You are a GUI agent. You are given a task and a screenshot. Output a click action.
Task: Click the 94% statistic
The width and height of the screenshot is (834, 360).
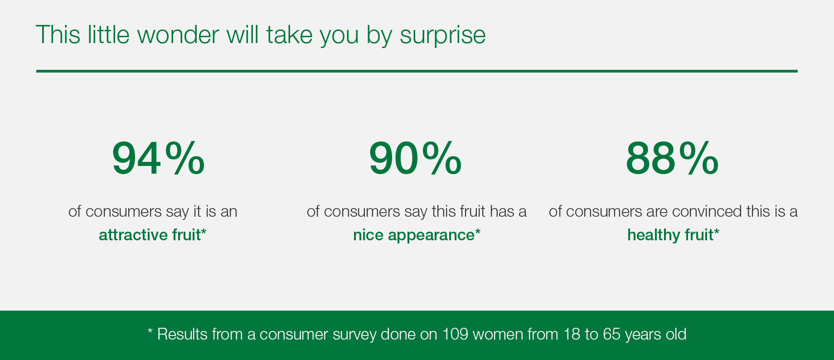click(x=158, y=158)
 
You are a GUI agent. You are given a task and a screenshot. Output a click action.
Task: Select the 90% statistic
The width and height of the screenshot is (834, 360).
click(x=415, y=158)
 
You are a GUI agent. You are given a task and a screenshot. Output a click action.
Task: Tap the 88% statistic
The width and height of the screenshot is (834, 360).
click(x=672, y=158)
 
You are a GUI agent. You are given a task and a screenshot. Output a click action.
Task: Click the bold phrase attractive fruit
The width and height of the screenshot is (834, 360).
click(x=150, y=235)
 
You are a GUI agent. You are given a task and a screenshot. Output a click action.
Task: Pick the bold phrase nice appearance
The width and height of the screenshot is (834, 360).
click(x=414, y=235)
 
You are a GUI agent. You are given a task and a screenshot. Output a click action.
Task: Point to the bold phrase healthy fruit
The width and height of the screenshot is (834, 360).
click(x=670, y=235)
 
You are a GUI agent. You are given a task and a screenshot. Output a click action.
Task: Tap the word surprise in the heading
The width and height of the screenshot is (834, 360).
click(x=442, y=35)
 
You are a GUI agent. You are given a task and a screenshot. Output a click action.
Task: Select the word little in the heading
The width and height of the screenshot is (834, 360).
click(x=109, y=34)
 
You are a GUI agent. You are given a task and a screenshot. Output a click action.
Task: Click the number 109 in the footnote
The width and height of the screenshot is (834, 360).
click(x=455, y=334)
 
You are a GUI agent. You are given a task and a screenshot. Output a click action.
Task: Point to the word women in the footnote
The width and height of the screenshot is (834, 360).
click(x=498, y=335)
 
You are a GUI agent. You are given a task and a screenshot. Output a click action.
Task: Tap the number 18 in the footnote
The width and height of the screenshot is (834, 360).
click(x=572, y=334)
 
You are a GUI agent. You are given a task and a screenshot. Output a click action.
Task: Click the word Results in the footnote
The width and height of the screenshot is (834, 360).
click(x=182, y=334)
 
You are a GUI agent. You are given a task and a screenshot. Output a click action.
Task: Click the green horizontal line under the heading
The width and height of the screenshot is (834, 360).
click(x=417, y=71)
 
